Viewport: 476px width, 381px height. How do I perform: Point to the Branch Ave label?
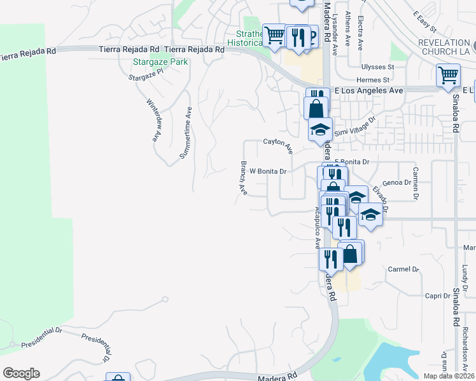coord(243,177)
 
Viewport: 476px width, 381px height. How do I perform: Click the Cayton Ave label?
coord(278,145)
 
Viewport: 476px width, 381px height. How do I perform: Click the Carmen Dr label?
coord(415,184)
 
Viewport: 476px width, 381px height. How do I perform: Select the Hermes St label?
coord(373,80)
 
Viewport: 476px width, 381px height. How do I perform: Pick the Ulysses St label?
coord(378,67)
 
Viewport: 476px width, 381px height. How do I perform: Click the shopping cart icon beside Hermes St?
coord(448,75)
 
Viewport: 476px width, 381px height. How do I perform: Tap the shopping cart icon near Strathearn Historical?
coord(274,35)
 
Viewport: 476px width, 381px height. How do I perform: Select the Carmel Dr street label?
coord(403,269)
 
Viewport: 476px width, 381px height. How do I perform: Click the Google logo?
coord(21,373)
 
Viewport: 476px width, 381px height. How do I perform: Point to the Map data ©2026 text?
coord(448,376)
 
